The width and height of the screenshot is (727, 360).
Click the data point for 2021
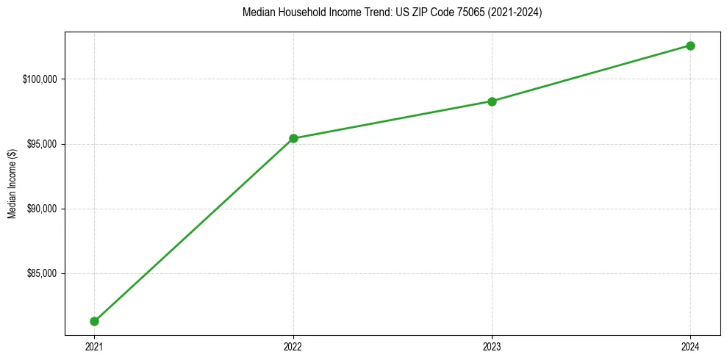(94, 321)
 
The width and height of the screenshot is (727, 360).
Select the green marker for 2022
(293, 138)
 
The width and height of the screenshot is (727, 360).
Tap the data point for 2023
(492, 101)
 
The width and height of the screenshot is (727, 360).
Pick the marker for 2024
(690, 46)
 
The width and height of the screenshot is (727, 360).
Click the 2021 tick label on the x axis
(94, 346)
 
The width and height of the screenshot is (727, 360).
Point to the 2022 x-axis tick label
(293, 346)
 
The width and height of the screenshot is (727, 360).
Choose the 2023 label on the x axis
(492, 346)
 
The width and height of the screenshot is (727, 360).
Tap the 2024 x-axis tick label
(690, 346)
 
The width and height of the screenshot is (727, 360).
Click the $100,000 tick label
(41, 79)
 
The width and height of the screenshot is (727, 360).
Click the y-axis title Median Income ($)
(12, 184)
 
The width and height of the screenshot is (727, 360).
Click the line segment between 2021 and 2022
(193, 230)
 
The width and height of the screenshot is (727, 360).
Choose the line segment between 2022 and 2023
(393, 120)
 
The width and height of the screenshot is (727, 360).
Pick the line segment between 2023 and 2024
(591, 73)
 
